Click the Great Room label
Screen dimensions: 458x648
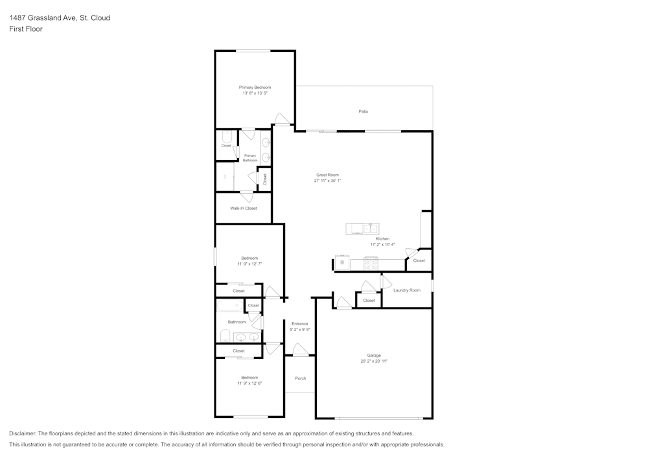click(327, 175)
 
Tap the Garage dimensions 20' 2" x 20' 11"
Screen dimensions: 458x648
click(374, 361)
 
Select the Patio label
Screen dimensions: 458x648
click(364, 111)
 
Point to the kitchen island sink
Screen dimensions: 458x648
click(370, 228)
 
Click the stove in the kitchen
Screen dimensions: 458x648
click(371, 263)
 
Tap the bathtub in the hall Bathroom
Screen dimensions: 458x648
click(228, 306)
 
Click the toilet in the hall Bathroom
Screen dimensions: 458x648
click(225, 336)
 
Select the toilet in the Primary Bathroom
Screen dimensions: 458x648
click(227, 137)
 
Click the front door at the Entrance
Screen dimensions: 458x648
click(300, 350)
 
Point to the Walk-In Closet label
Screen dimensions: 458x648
click(243, 209)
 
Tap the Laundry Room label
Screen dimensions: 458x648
click(406, 290)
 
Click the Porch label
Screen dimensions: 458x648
click(300, 378)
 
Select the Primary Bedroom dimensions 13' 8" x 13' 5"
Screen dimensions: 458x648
click(255, 93)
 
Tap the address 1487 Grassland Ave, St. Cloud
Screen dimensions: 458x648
click(59, 17)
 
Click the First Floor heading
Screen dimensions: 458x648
click(26, 29)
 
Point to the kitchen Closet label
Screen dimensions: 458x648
click(419, 260)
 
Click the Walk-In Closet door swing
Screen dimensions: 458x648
click(246, 196)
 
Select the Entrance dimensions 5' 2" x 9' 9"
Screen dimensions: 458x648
click(299, 330)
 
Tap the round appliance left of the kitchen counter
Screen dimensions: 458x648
click(342, 263)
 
